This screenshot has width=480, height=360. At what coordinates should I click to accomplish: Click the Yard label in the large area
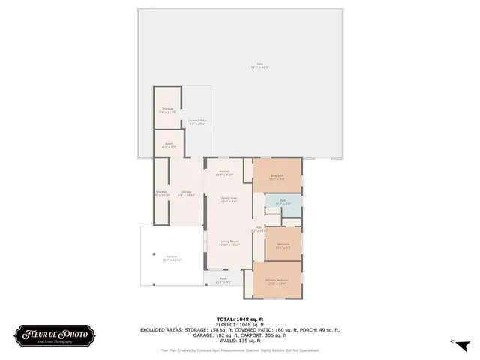pyautogui.click(x=260, y=65)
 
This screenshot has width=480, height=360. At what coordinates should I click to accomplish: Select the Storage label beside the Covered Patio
pyautogui.click(x=167, y=110)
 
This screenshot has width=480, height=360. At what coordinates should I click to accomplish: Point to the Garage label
pyautogui.click(x=186, y=193)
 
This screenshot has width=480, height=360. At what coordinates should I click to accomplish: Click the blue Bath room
pyautogui.click(x=283, y=202)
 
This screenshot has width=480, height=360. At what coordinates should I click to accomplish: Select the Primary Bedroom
pyautogui.click(x=277, y=281)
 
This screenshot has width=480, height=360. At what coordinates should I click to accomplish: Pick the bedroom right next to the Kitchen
pyautogui.click(x=277, y=177)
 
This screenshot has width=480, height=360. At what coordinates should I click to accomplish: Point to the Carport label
pyautogui.click(x=172, y=258)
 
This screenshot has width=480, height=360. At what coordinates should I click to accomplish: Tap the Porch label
pyautogui.click(x=223, y=281)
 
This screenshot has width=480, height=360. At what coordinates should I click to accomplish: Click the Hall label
pyautogui.click(x=259, y=229)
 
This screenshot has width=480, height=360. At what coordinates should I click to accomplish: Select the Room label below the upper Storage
pyautogui.click(x=168, y=146)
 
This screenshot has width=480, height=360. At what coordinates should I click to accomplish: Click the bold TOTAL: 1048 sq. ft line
pyautogui.click(x=240, y=319)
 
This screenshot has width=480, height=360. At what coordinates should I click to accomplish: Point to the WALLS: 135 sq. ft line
pyautogui.click(x=240, y=340)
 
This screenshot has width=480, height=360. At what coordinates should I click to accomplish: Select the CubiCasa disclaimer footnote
pyautogui.click(x=240, y=350)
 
